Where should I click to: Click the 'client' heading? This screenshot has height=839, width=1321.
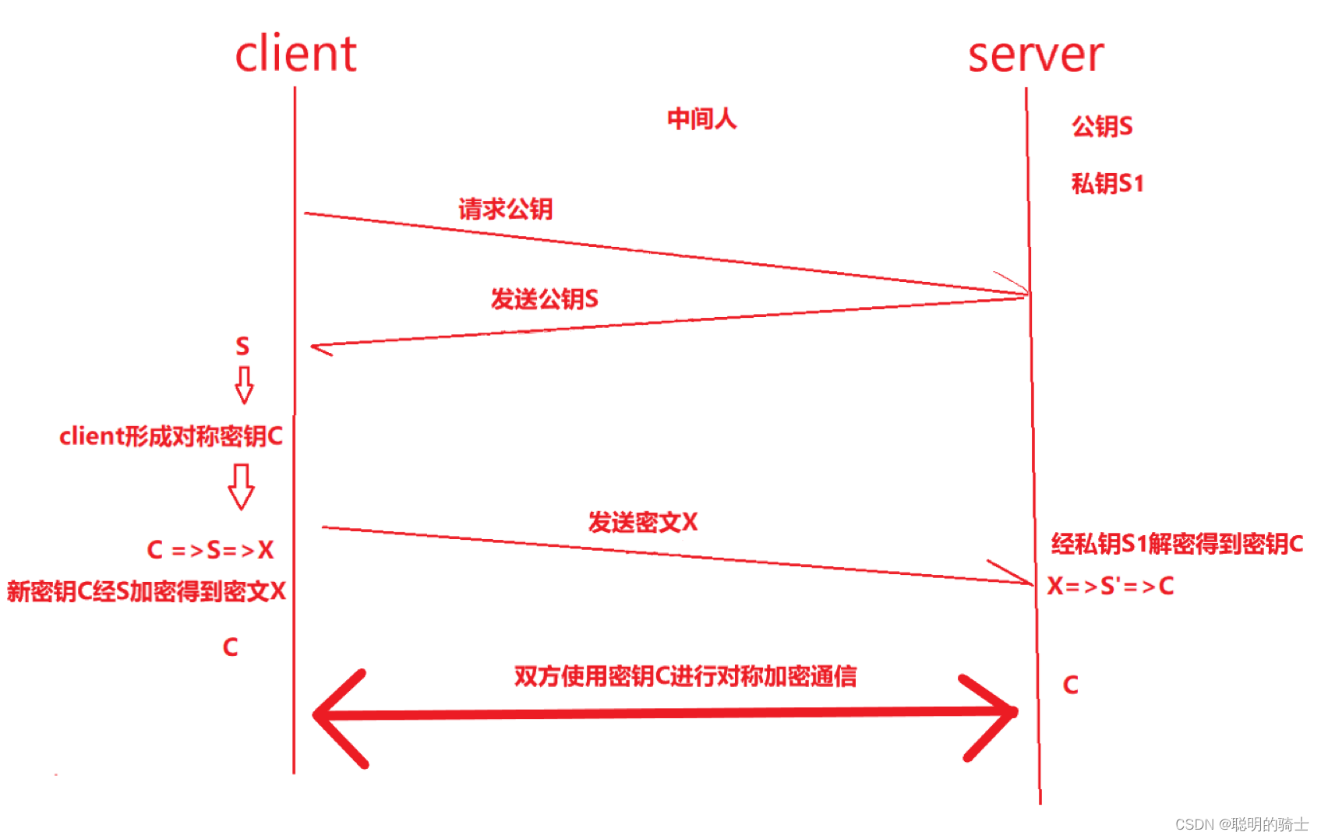[295, 54]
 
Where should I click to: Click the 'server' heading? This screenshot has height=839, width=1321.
[1035, 55]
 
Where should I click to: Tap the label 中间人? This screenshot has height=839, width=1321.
[701, 119]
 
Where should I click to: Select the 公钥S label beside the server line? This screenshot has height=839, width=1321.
[1101, 126]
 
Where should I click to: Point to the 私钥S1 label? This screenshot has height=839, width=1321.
[1107, 184]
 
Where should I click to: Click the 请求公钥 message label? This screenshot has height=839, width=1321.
[505, 209]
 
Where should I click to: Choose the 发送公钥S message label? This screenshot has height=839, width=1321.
[544, 299]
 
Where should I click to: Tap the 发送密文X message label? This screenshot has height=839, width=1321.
[642, 522]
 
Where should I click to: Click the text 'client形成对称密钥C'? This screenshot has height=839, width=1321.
[171, 436]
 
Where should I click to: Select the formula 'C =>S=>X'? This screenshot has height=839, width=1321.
[210, 550]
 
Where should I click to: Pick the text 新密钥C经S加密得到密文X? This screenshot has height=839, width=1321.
[147, 591]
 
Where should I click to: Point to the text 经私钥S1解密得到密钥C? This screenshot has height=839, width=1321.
[1177, 544]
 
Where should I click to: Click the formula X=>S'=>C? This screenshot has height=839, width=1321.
[1110, 586]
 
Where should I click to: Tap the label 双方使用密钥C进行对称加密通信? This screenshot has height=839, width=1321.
[685, 676]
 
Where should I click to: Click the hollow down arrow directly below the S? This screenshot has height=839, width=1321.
[244, 385]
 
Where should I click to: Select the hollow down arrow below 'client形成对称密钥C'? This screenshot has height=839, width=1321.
[241, 486]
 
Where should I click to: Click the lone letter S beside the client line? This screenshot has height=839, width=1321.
[242, 346]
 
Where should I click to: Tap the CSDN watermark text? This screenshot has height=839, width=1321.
[1241, 823]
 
